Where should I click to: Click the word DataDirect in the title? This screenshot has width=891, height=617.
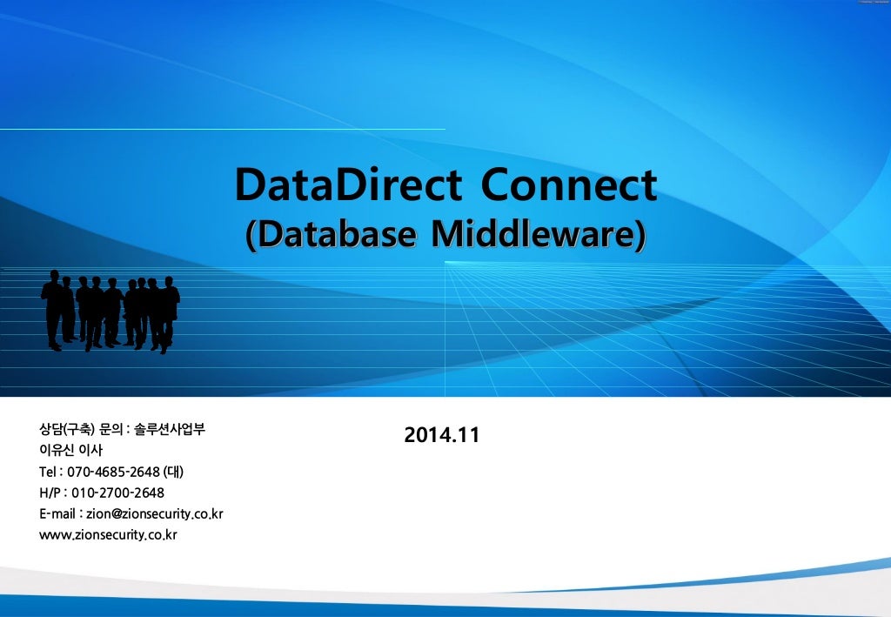coord(348,185)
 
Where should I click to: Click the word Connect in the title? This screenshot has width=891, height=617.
coord(569,185)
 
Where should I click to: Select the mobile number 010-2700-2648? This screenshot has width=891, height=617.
coord(117,493)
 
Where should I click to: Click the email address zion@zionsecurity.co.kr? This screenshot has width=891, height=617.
coord(155,513)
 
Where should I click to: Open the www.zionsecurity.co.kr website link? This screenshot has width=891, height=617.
coord(108,534)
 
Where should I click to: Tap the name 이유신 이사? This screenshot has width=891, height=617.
coord(71,450)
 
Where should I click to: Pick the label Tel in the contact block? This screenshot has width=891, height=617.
coord(49,472)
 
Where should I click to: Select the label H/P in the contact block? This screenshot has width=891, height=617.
coord(50,493)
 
